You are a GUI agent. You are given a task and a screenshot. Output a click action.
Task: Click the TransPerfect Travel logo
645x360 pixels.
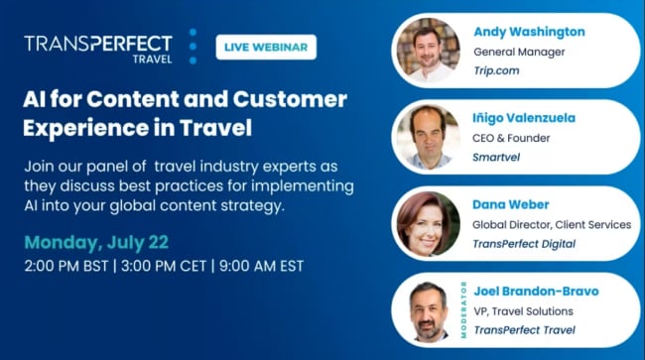point(98,48)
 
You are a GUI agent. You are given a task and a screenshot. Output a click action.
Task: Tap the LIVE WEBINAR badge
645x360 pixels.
point(266,48)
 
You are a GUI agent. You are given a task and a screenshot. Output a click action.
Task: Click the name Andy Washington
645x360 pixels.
point(530,32)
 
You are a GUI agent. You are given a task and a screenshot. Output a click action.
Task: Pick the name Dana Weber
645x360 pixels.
point(511,204)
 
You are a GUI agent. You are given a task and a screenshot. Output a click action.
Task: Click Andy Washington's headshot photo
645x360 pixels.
point(426,49)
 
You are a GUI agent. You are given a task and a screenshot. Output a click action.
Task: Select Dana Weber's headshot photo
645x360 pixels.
point(428,222)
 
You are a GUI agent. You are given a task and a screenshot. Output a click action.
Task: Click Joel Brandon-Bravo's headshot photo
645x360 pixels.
point(427,310)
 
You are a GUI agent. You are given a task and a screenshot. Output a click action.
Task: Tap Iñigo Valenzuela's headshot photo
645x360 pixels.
point(427,136)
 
